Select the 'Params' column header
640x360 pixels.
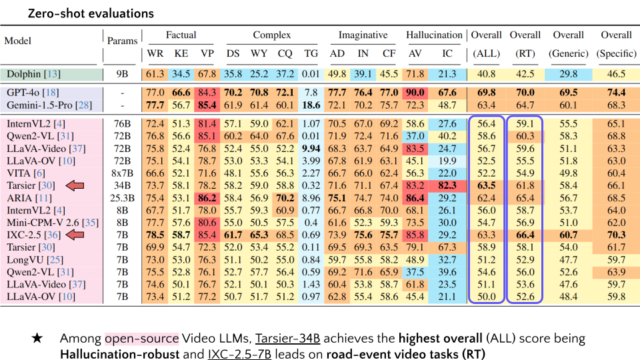tap(122, 40)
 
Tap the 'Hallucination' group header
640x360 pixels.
tap(434, 35)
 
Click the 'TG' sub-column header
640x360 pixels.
tap(311, 53)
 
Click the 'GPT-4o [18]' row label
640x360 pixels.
tap(31, 93)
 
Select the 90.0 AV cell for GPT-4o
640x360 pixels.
tap(415, 93)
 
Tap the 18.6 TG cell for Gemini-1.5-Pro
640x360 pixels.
tap(311, 105)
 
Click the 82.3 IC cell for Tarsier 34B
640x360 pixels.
tap(448, 185)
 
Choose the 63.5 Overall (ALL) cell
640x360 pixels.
tap(487, 185)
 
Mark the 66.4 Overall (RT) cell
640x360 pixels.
tap(525, 235)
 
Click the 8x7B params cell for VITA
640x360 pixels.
tap(122, 173)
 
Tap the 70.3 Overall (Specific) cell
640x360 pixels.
tap(616, 235)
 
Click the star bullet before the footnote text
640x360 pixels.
tap(37, 339)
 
